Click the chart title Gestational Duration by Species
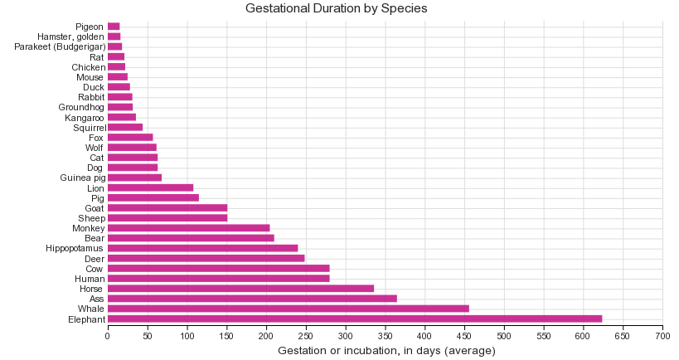(x=336, y=8)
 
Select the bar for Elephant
(x=354, y=319)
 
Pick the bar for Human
(x=218, y=279)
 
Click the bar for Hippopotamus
(x=202, y=248)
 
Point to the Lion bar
(x=150, y=188)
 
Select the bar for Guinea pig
(x=134, y=178)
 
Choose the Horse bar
(x=240, y=289)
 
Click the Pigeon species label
(x=90, y=27)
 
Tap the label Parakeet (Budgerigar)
(x=60, y=46)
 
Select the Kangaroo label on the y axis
(x=85, y=118)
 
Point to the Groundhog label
(x=81, y=107)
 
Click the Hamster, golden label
(x=70, y=36)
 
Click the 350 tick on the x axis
(x=385, y=335)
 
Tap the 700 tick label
(x=662, y=335)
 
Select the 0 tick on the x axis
(x=108, y=335)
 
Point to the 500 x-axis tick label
(x=504, y=335)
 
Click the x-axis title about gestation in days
(x=386, y=351)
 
